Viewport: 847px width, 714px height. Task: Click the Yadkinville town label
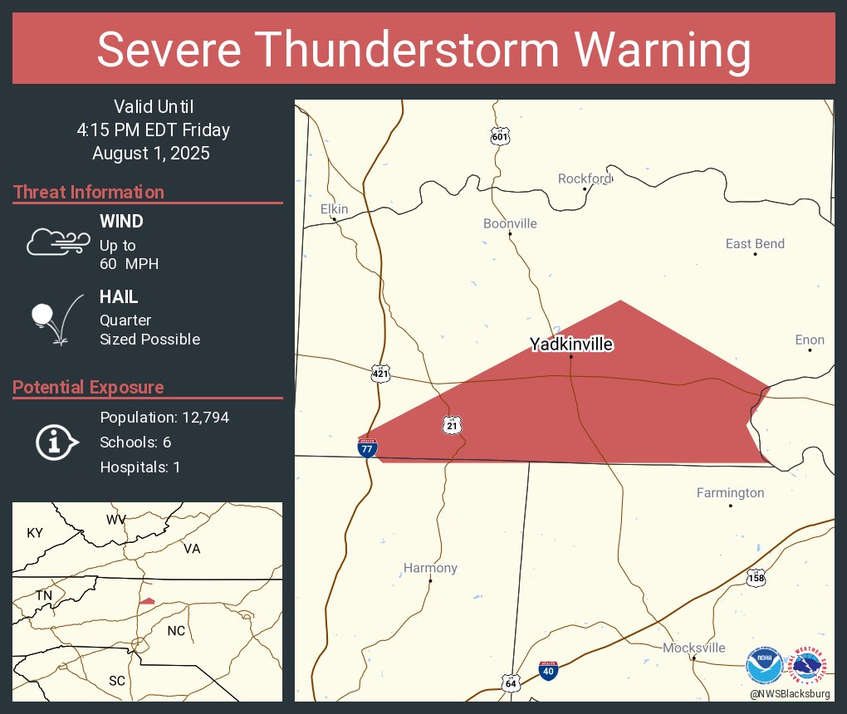(571, 344)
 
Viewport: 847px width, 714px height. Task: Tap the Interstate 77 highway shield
(367, 447)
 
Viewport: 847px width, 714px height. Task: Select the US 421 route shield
(380, 374)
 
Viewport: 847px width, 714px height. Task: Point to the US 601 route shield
(499, 136)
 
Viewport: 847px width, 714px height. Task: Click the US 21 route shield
(452, 425)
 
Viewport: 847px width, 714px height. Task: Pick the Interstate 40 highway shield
(548, 670)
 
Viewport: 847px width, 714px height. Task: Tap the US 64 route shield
(511, 682)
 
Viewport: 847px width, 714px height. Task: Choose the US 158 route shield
(755, 578)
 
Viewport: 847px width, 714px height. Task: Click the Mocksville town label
(693, 648)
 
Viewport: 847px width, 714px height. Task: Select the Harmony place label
(430, 568)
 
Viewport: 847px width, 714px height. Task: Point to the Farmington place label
(730, 492)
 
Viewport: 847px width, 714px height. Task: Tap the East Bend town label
(755, 243)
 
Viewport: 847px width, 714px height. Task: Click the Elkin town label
(335, 209)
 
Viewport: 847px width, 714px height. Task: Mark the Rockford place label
(585, 178)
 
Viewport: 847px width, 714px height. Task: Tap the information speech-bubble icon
(56, 443)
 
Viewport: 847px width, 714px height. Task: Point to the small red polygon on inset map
(147, 601)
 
